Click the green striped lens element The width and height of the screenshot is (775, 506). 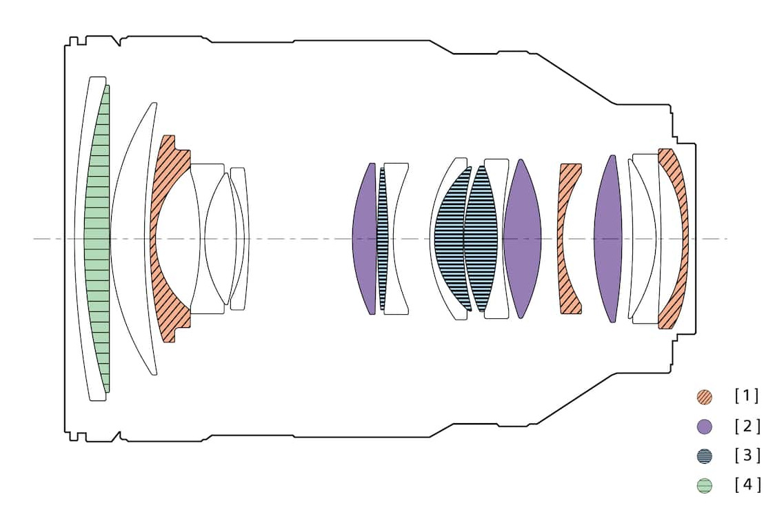coord(97,239)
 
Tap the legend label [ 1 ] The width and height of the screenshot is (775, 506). coord(746,396)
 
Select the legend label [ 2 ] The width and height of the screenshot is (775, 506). coord(747,425)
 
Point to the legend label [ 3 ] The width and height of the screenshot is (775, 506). coord(747,455)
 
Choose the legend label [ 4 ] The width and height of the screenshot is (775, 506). coord(747,485)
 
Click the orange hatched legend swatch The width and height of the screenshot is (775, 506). coord(704,397)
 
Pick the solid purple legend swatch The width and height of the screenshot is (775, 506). coord(704,427)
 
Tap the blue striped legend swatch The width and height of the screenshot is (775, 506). coord(704,456)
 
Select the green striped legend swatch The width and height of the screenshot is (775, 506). coord(704,486)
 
